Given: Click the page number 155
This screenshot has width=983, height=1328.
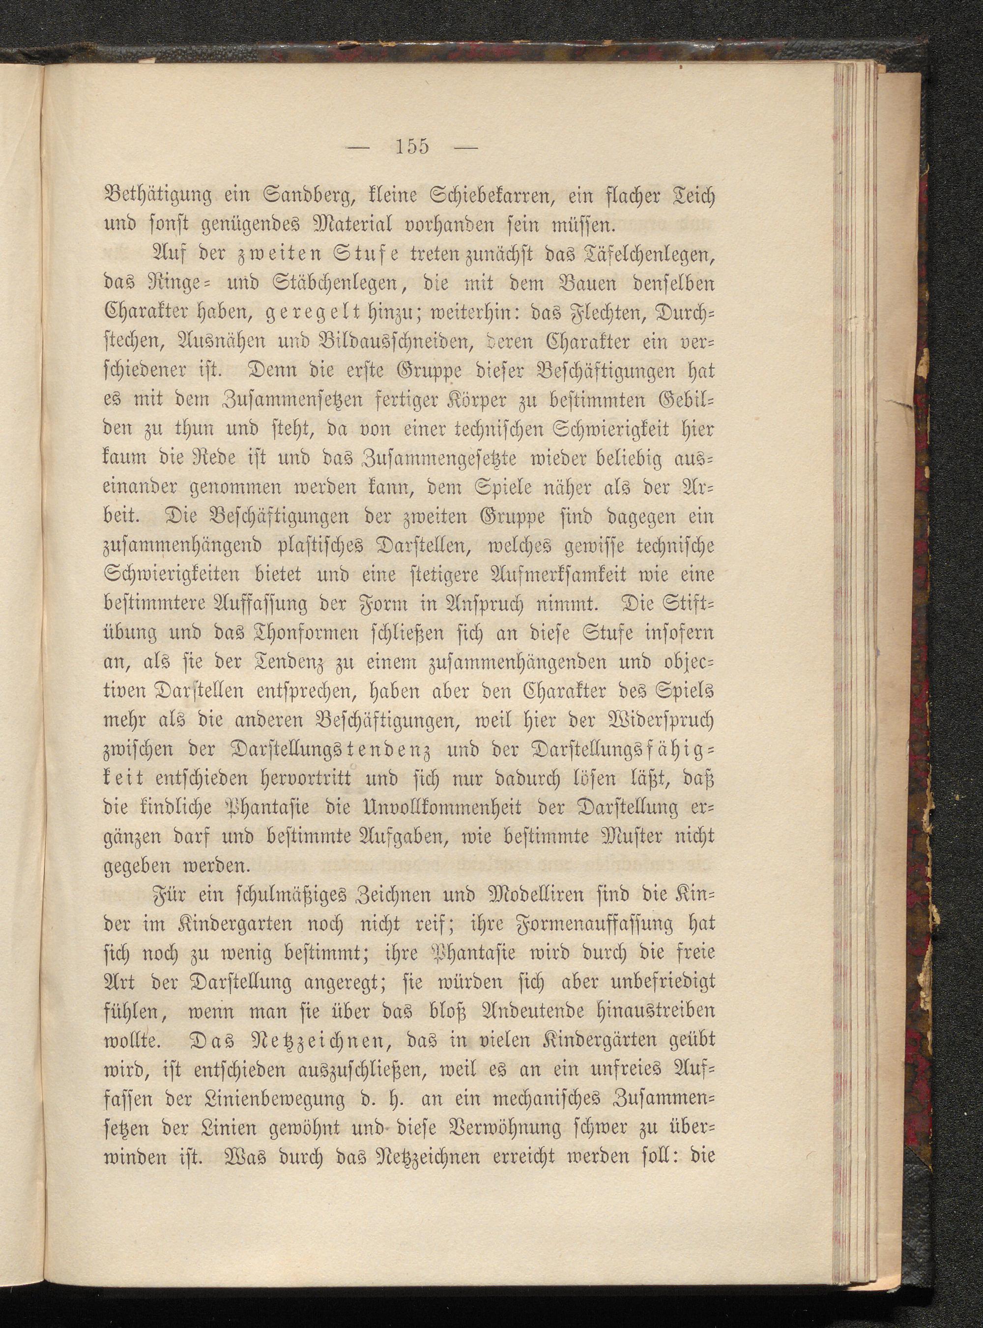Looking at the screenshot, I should pos(410,147).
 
